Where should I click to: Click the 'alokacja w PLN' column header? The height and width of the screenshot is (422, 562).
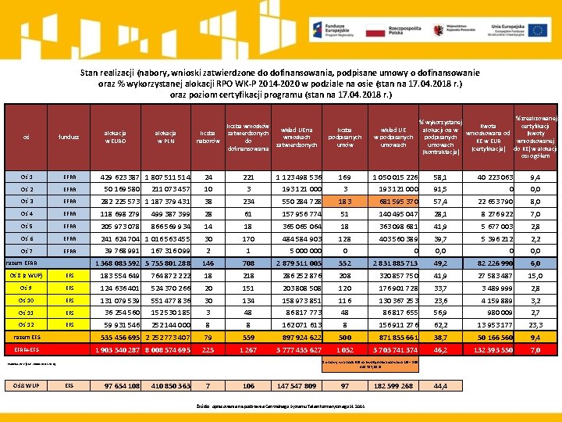[x=165, y=138]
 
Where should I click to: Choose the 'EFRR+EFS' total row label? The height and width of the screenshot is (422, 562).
[x=27, y=350]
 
